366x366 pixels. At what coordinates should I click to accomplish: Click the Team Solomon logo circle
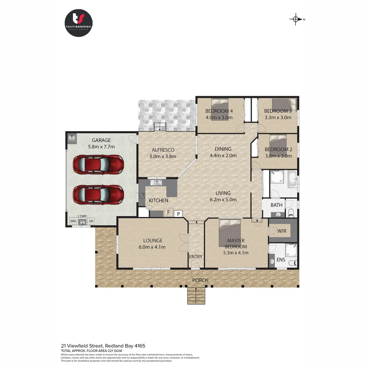coord(79,23)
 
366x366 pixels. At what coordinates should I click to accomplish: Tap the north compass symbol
coord(296,19)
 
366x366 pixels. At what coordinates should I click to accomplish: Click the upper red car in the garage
coord(99,164)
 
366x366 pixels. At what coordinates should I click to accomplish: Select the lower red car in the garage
coord(99,194)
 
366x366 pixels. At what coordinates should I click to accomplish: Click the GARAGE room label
coord(101,140)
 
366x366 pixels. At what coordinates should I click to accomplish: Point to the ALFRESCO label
coord(163,150)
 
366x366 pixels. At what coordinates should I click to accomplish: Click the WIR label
coord(282,231)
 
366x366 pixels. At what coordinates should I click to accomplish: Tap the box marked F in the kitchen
coord(168,212)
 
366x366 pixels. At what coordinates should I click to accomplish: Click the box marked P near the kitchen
coord(178,213)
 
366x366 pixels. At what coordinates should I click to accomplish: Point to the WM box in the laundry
coord(73,221)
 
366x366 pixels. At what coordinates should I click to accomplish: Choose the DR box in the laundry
coord(90,221)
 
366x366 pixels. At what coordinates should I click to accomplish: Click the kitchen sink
coord(157,183)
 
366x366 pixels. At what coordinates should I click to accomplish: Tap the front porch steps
coord(196,296)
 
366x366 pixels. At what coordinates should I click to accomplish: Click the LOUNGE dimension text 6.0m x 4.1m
coord(152,247)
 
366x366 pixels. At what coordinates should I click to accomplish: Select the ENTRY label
coord(196,257)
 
